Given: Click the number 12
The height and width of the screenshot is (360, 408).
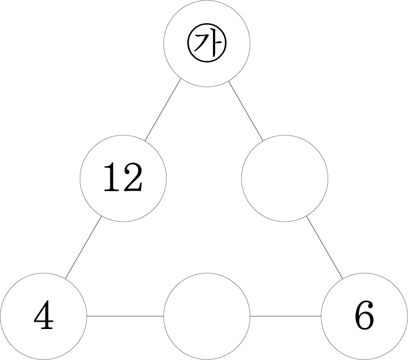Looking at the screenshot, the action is [123, 177].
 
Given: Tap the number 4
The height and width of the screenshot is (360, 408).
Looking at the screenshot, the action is [44, 315].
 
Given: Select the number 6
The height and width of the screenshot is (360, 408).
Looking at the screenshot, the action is [364, 315].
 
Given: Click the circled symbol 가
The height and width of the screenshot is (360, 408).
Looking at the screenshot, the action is [207, 44].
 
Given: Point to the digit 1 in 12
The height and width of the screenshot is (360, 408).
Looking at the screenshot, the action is [110, 177].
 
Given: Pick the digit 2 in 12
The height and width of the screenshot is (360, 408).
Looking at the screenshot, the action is [133, 177].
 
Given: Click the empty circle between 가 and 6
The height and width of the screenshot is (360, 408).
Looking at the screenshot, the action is [285, 178].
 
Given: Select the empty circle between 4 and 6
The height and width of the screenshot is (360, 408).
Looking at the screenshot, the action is [207, 316].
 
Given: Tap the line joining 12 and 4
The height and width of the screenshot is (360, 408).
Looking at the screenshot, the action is [83, 247].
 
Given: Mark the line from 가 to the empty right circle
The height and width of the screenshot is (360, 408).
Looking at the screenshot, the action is [245, 111].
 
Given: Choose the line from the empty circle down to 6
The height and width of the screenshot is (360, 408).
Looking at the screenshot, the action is [324, 247].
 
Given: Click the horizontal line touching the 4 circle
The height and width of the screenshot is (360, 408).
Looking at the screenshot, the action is [125, 316].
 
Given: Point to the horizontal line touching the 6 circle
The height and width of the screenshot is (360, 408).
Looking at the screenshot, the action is [286, 316].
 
